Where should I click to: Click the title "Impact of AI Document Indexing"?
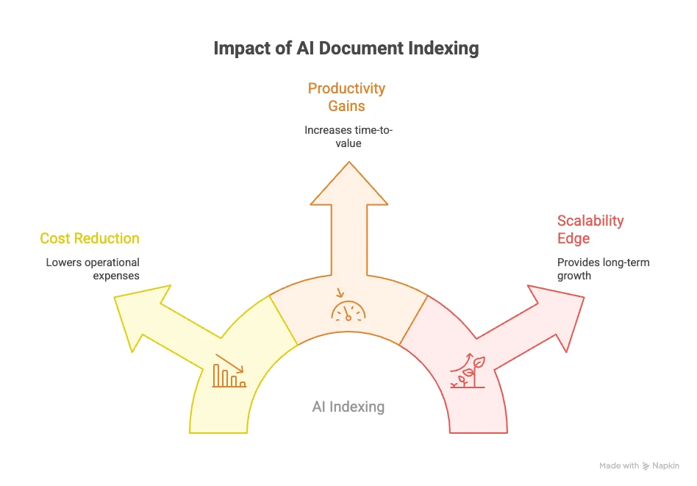click(x=346, y=49)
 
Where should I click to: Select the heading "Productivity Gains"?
click(x=346, y=97)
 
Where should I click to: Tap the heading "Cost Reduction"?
click(x=90, y=238)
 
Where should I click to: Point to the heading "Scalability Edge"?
click(x=590, y=229)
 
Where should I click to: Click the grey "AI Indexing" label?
click(x=348, y=407)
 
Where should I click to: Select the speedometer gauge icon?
click(x=348, y=310)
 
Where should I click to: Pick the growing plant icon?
click(x=468, y=371)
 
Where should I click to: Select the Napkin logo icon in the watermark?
click(x=646, y=465)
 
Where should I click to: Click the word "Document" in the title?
click(x=362, y=49)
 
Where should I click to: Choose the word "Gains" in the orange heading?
click(x=346, y=105)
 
